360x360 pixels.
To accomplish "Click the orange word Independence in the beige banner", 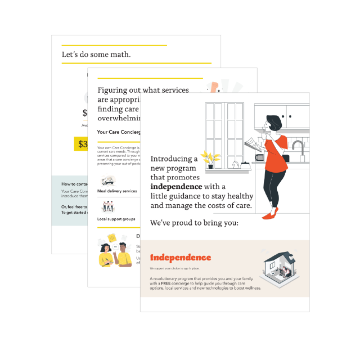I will (181, 258).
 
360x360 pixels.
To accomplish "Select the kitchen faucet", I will (298, 147).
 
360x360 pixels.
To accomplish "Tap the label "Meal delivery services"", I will (117, 191).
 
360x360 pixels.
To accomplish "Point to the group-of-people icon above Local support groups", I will (108, 206).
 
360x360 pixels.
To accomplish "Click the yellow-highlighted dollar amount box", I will (80, 144).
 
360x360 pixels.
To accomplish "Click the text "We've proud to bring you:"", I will (194, 223).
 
